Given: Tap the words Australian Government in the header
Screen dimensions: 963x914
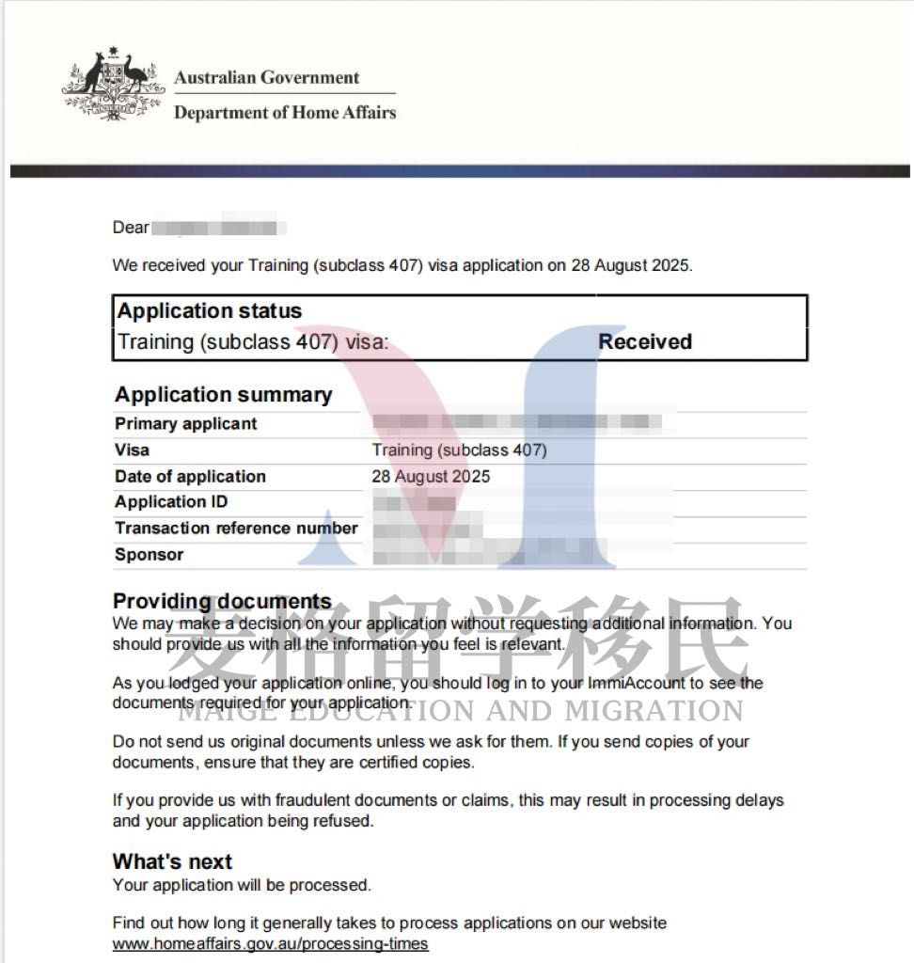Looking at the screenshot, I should pyautogui.click(x=267, y=78).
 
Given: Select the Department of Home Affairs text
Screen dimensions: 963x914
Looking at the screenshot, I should pyautogui.click(x=285, y=113).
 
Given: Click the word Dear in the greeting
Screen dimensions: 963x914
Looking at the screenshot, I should pyautogui.click(x=131, y=228).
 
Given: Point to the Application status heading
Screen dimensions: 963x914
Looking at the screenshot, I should pyautogui.click(x=209, y=311).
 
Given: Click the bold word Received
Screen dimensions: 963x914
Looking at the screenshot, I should pyautogui.click(x=645, y=342).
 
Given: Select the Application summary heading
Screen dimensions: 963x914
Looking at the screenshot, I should pyautogui.click(x=223, y=395).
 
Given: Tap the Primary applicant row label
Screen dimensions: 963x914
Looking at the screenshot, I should pyautogui.click(x=185, y=424).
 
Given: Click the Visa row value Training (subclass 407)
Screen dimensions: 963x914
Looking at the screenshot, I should pyautogui.click(x=459, y=450).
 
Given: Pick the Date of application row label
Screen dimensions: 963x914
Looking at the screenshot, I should pyautogui.click(x=190, y=477).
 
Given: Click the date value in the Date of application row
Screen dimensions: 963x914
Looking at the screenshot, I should pyautogui.click(x=431, y=477).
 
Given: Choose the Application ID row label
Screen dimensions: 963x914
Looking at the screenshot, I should pyautogui.click(x=171, y=502).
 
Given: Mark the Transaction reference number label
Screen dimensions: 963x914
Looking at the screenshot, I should pyautogui.click(x=236, y=529).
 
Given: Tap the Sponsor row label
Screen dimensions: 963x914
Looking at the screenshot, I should pyautogui.click(x=149, y=555).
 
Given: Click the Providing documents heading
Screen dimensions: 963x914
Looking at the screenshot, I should pyautogui.click(x=222, y=601).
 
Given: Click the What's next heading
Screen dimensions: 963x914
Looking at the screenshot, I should pyautogui.click(x=172, y=861).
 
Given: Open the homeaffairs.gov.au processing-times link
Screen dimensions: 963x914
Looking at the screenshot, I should pyautogui.click(x=270, y=943).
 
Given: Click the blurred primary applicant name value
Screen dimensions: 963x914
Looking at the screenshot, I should pyautogui.click(x=523, y=423).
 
